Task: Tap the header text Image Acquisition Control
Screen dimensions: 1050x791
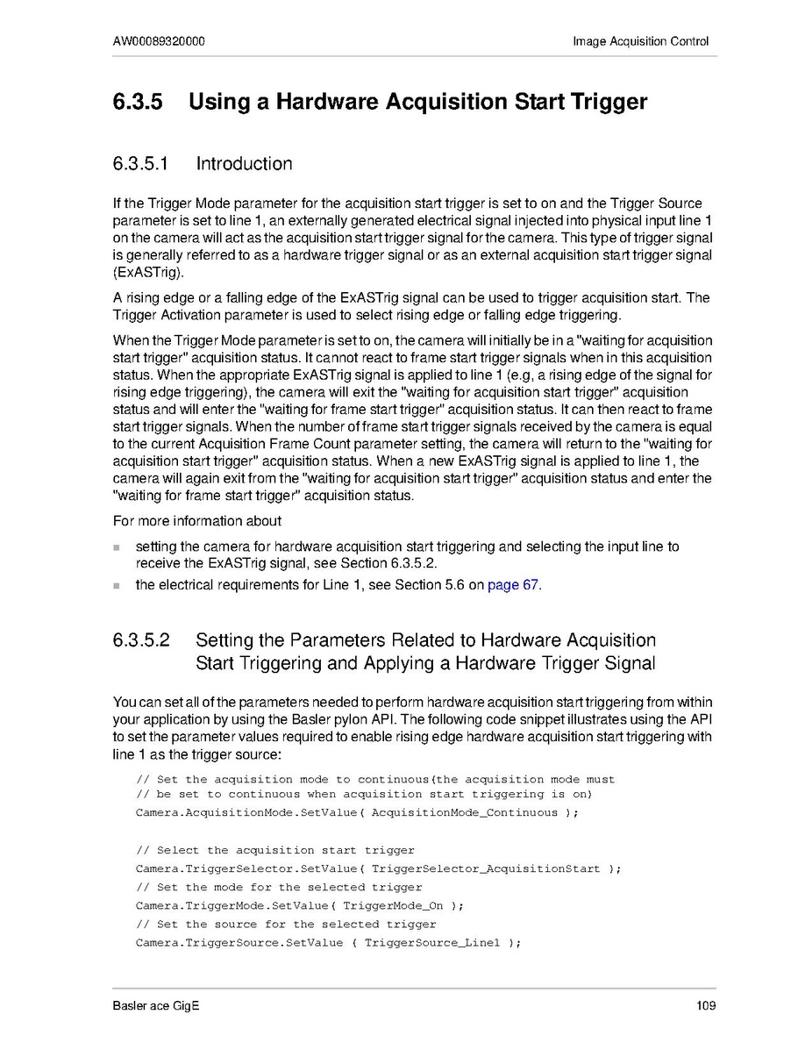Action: point(640,41)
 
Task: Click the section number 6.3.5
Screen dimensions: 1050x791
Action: point(138,102)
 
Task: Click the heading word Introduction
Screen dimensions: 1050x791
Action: point(244,164)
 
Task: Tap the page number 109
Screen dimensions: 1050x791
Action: point(706,1004)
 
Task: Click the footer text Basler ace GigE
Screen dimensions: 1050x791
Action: point(156,1004)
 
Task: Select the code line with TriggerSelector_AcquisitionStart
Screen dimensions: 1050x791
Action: point(378,868)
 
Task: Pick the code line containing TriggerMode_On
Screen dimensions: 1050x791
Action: point(299,905)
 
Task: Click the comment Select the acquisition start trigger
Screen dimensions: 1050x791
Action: point(275,850)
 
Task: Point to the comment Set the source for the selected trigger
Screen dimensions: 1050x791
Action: point(286,924)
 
